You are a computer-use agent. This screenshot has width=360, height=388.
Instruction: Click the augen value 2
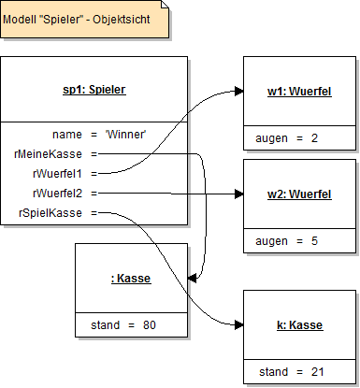click(x=314, y=138)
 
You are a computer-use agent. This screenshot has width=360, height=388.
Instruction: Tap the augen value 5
click(x=314, y=241)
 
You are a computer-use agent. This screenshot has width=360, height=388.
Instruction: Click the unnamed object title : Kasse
click(x=129, y=278)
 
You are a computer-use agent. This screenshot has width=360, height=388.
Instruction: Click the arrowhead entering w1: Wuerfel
click(x=238, y=92)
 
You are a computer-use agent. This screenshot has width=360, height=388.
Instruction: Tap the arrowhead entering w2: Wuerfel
click(x=238, y=194)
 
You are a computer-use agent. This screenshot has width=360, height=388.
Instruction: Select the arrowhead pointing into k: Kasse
click(x=238, y=325)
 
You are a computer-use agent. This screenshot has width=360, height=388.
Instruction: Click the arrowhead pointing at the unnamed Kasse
click(x=191, y=278)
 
